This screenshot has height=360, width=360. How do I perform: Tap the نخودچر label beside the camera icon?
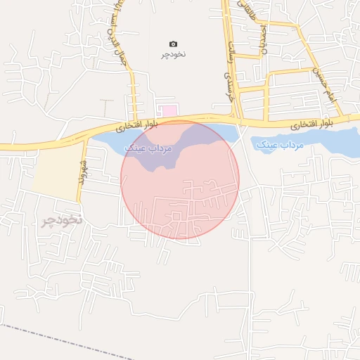tap(174, 54)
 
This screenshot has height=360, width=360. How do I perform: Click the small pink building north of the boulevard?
tap(168, 110)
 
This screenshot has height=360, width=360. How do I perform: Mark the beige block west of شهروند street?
tap(55, 172)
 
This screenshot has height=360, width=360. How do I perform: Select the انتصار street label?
tap(263, 39)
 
